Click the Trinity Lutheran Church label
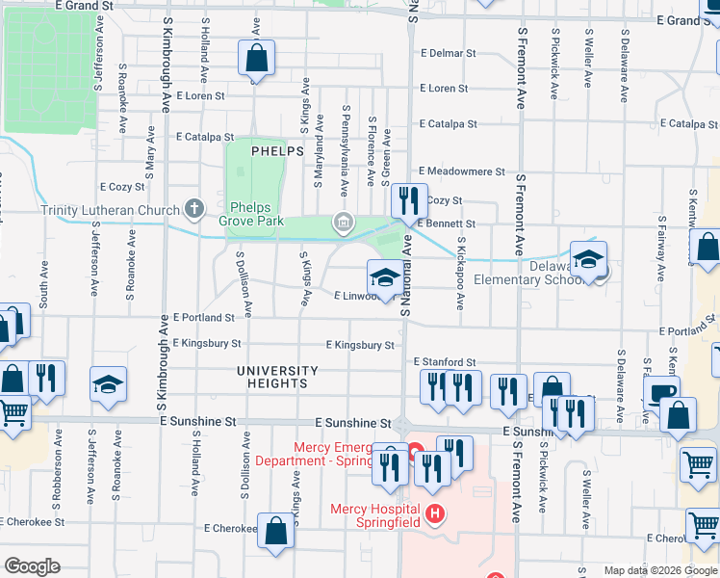coord(110,210)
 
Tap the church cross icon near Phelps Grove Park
coord(194,208)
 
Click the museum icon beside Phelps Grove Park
coord(342,223)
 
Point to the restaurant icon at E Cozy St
coord(409,200)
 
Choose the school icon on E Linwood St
coord(384,279)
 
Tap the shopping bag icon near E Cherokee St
coord(276,530)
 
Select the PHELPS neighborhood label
coord(277,151)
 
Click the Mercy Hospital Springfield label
coord(374,515)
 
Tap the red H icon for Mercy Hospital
coord(435,513)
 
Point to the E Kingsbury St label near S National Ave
coord(360,345)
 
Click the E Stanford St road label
coord(446,362)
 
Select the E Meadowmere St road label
coord(461,171)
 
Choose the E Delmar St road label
coord(449,54)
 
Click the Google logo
coord(33,566)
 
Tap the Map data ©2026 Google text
coord(659,570)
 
